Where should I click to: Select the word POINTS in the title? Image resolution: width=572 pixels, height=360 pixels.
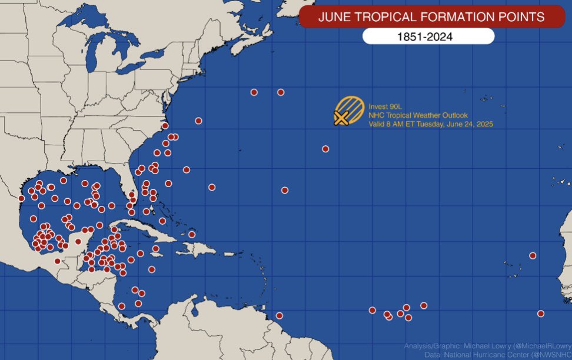tap(523, 17)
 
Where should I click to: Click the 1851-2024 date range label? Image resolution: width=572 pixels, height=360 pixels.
tap(428, 37)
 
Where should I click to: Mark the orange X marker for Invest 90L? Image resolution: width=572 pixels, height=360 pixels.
tap(340, 118)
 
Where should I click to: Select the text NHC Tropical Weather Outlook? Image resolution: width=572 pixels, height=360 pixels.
tap(418, 115)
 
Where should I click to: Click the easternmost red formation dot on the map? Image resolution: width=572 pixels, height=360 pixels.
tap(541, 314)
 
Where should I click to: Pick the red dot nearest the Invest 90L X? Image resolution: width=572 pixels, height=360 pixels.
tap(325, 149)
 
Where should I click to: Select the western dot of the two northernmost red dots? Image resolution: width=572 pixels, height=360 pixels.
tap(254, 92)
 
